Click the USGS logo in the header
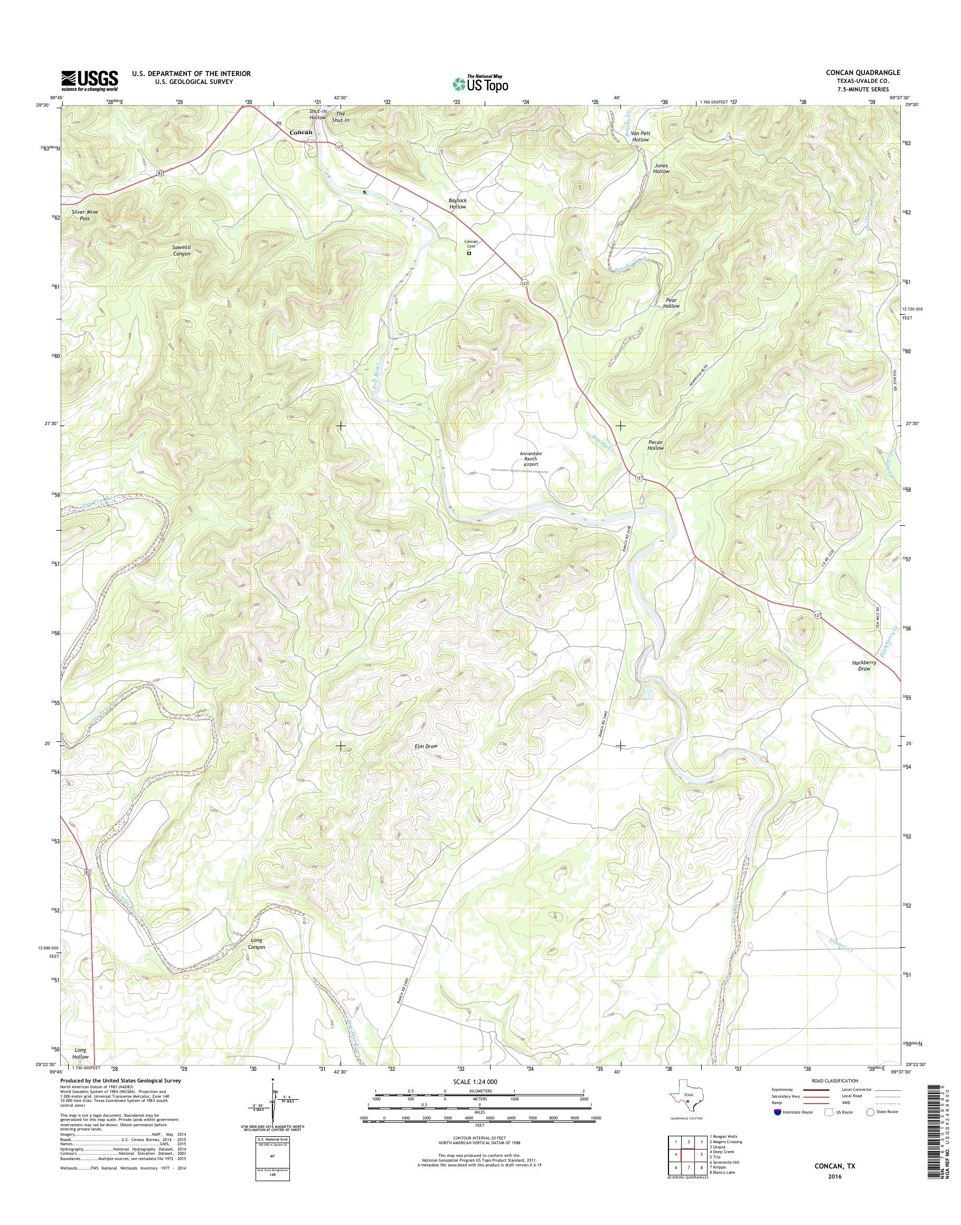(89, 80)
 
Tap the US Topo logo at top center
(480, 83)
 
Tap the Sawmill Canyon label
(181, 250)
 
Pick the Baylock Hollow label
(457, 204)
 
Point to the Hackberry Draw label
(864, 666)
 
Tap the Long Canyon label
(256, 943)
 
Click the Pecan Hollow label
(655, 445)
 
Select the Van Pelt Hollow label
(640, 136)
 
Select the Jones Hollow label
(661, 168)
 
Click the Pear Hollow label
(671, 303)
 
